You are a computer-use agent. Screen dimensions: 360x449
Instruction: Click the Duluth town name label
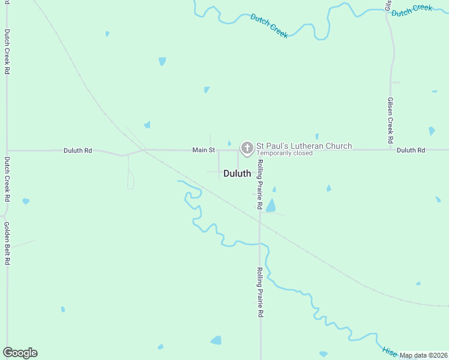tap(237, 173)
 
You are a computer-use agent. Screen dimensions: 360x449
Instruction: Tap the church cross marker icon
tap(246, 148)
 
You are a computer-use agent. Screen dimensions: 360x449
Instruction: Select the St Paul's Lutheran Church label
tap(304, 146)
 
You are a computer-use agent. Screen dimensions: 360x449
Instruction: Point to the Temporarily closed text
tap(285, 154)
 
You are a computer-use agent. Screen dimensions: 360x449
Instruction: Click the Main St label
tap(203, 149)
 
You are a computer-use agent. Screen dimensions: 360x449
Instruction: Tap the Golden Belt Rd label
tap(7, 244)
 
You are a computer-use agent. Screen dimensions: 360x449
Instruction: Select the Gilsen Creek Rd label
tap(390, 120)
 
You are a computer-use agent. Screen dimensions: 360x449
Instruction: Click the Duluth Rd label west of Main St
tap(78, 151)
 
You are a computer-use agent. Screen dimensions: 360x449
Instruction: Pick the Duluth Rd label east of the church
tap(411, 150)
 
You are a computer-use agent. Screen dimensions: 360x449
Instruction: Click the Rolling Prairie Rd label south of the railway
tap(260, 292)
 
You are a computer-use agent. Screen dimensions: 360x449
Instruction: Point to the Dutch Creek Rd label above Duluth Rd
tap(7, 52)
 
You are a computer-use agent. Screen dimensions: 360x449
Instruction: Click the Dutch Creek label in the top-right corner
tap(412, 10)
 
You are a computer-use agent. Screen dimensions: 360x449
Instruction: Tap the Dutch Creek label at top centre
tap(270, 26)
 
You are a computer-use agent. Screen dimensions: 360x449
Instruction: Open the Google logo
tap(20, 353)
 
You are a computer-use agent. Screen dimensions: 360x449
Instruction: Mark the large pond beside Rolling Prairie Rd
tap(271, 206)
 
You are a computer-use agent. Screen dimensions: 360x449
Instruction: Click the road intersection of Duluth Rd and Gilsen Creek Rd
tap(390, 149)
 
